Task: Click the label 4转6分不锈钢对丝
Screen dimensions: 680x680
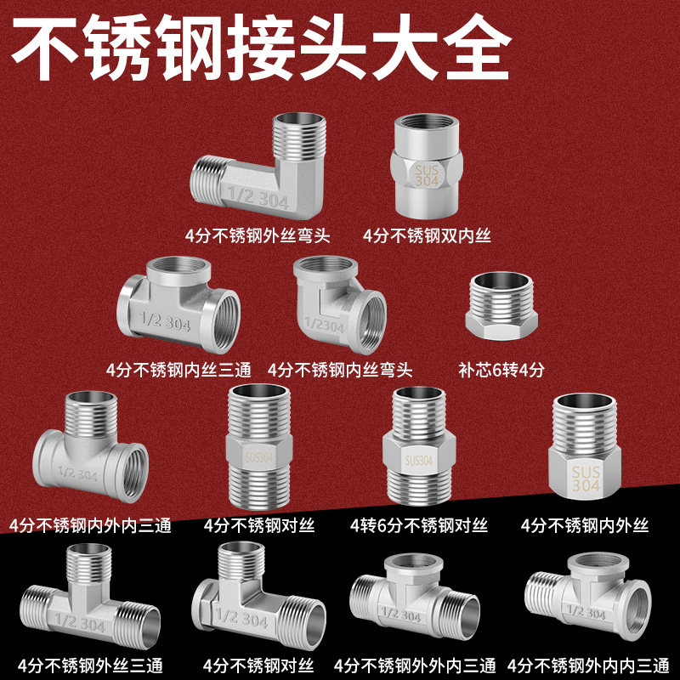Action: [x=420, y=525]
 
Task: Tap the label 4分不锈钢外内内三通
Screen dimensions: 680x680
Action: [x=586, y=663]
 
